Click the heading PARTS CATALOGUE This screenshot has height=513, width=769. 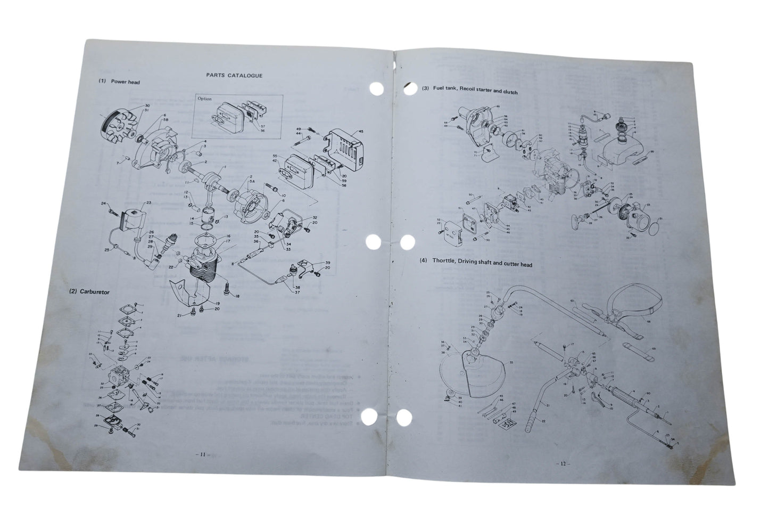point(234,76)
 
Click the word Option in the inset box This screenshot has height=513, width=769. point(204,99)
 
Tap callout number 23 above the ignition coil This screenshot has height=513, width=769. point(148,203)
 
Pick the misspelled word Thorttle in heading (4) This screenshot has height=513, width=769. point(445,264)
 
